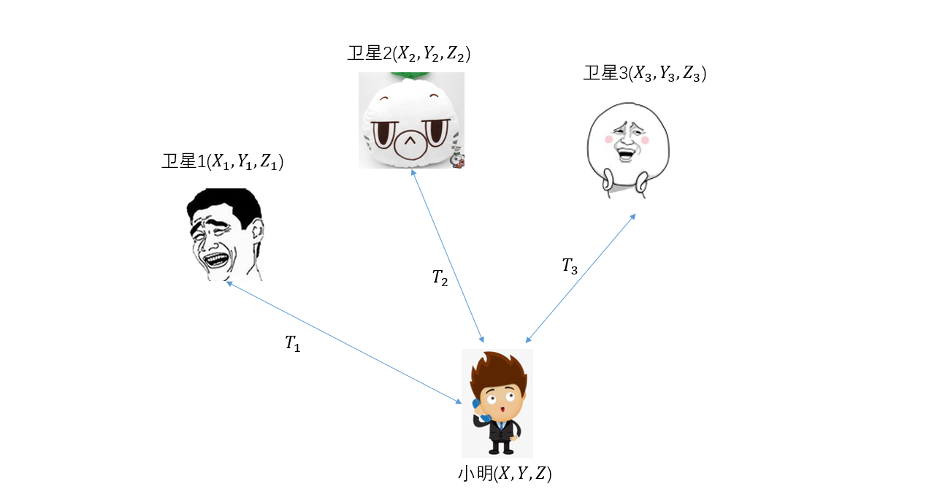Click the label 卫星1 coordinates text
[x=223, y=162]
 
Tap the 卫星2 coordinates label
[x=409, y=53]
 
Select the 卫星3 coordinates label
[x=645, y=74]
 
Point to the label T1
[x=292, y=344]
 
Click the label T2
[x=440, y=277]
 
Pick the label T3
[x=570, y=266]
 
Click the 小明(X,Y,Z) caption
[x=504, y=474]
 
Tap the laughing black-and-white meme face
[x=223, y=234]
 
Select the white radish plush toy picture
[x=411, y=120]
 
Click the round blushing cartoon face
[x=628, y=150]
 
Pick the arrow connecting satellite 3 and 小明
[x=580, y=277]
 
